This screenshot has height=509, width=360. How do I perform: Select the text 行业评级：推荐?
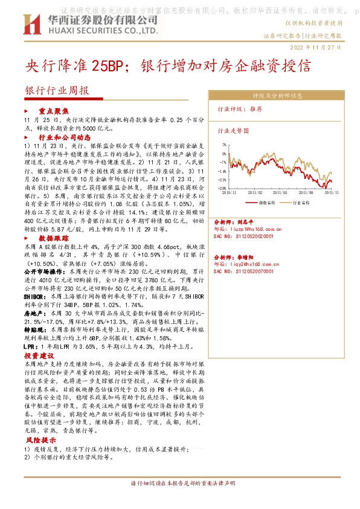tap(240, 109)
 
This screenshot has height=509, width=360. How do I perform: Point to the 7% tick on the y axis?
tap(224, 146)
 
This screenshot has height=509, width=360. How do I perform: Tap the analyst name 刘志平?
tap(245, 221)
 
